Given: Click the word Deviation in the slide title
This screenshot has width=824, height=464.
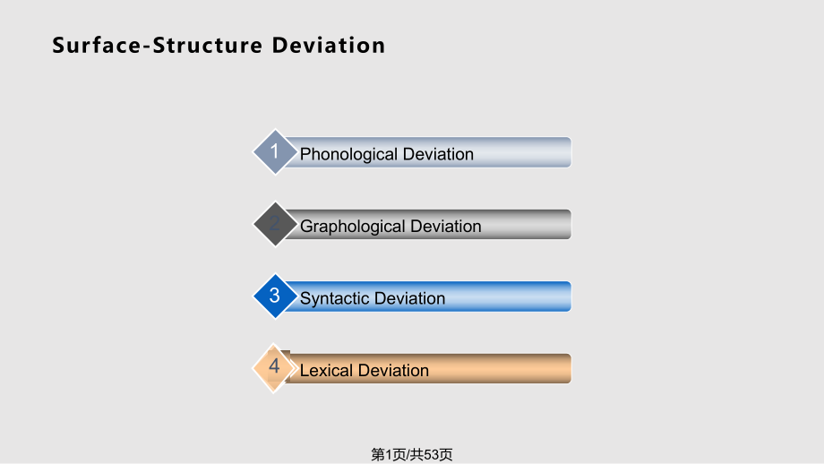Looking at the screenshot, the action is tap(329, 45).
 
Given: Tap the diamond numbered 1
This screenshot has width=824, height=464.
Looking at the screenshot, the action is tap(275, 152).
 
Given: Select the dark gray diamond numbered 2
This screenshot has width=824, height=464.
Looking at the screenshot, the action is tap(275, 224).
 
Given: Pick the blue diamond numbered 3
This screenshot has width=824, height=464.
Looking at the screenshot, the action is tap(275, 296).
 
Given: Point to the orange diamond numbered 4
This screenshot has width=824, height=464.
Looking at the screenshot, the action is tap(274, 368).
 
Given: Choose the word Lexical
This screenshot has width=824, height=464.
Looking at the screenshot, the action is tap(325, 371).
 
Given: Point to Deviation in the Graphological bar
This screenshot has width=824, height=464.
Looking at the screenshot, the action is tap(446, 227).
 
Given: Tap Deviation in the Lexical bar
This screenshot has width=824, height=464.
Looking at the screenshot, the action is tap(393, 371).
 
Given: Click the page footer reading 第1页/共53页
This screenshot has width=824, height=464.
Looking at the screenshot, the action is tap(412, 454).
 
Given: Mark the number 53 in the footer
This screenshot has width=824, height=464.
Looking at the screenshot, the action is tap(432, 454).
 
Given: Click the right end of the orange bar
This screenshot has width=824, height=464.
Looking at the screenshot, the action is tap(571, 368).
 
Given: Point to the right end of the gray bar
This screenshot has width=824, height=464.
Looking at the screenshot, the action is tap(571, 224).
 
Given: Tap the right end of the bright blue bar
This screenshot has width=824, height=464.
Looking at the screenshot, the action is tap(571, 296).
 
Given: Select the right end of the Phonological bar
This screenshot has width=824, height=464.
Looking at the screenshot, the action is tap(571, 152).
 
